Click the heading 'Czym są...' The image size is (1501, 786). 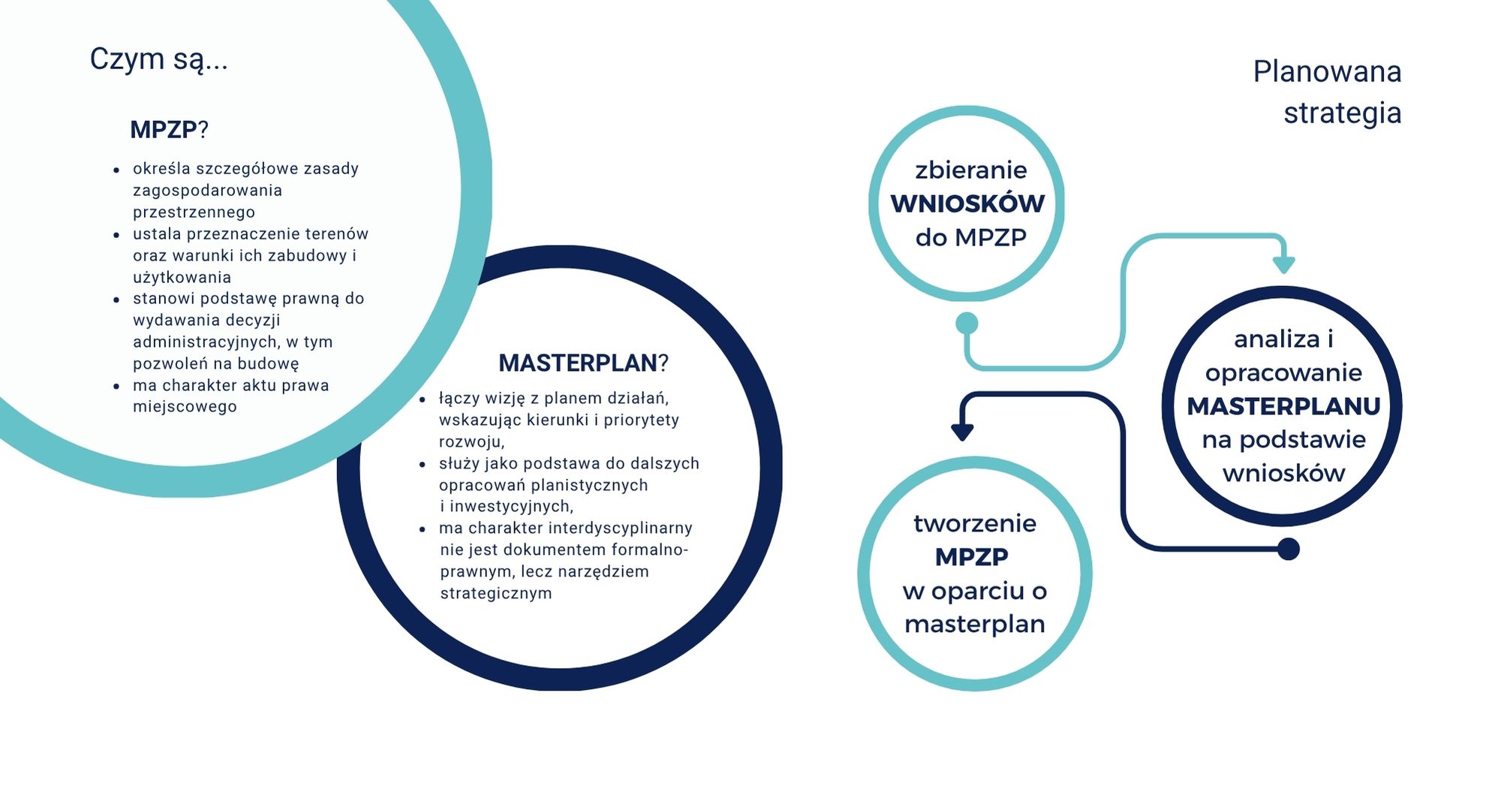pos(158,59)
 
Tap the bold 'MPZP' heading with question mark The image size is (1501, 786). pos(168,130)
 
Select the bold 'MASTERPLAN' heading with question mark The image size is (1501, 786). pos(582,363)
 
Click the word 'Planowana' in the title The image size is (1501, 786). pos(1327,72)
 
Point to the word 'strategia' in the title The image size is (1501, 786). pos(1342,113)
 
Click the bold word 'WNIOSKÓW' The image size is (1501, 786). pos(967,203)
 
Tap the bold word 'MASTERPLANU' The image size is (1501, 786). pos(1283,406)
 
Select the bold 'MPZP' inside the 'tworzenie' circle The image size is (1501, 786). pos(971,557)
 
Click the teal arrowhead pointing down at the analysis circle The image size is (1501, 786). pos(1283,264)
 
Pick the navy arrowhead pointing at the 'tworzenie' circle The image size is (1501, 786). pos(962,432)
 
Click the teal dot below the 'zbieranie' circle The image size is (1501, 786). pos(967,324)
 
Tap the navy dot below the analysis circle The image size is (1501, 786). pos(1288,549)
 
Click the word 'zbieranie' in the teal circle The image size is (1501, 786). pos(970,170)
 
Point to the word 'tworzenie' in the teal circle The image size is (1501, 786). pos(974,523)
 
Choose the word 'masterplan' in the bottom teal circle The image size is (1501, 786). pos(974,624)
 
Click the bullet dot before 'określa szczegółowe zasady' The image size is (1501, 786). pos(116,170)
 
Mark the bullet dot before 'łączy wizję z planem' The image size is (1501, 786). pos(423,399)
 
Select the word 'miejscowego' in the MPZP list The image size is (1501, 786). pos(185,407)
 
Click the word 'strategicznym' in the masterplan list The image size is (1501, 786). pos(495,593)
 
